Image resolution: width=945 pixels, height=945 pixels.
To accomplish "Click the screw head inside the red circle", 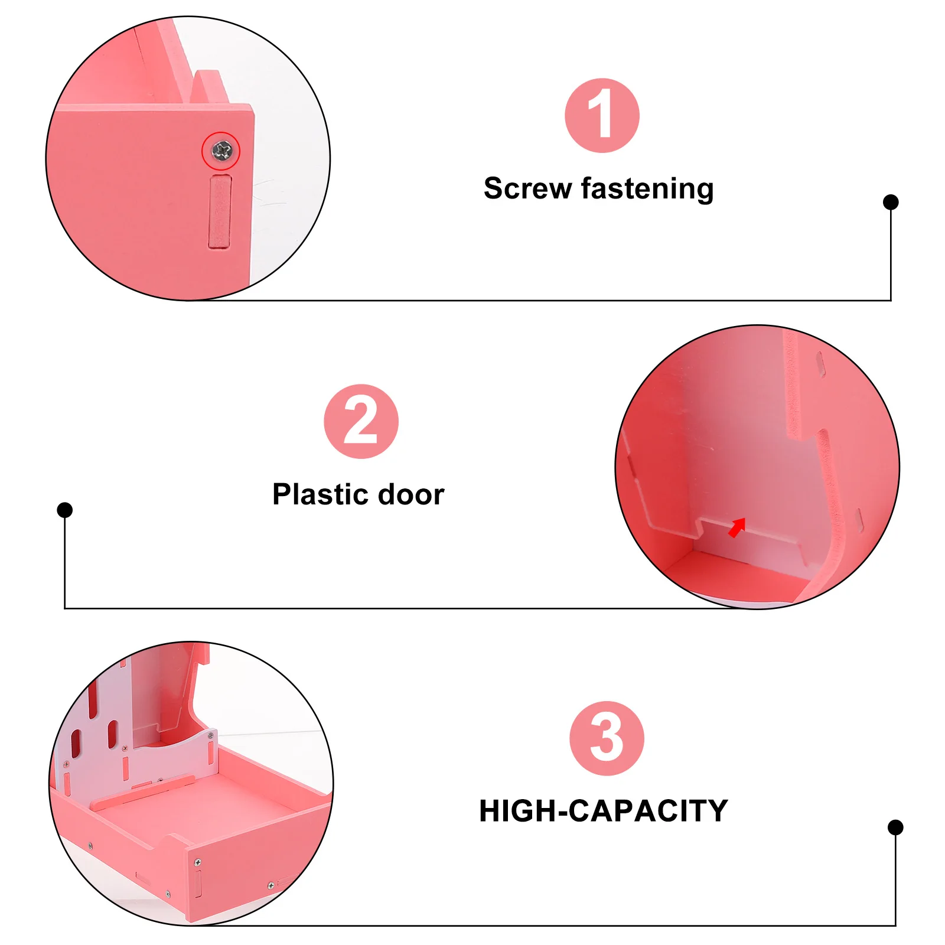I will (221, 151).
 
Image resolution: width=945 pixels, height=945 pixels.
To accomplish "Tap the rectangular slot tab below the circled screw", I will (220, 211).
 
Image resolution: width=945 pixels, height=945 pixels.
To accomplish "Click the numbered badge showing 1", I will (601, 116).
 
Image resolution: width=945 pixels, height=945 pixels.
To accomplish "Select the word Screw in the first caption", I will (527, 189).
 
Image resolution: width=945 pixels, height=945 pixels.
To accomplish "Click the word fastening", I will (647, 189).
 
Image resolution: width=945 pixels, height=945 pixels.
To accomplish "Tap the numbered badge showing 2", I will (361, 421).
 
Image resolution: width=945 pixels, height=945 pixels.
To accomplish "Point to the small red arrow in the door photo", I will (737, 527).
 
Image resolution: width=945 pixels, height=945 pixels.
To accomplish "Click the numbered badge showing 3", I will (607, 738).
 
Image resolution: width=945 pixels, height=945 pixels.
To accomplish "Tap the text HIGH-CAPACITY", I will (603, 811).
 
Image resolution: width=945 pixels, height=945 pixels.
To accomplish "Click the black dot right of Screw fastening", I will (890, 202).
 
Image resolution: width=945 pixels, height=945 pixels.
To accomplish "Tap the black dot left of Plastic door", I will (65, 510).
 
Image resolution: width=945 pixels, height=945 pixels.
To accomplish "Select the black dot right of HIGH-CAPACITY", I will (895, 827).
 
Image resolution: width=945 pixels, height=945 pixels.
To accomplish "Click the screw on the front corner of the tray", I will (198, 863).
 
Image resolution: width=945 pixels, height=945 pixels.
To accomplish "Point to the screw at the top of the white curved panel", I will (210, 736).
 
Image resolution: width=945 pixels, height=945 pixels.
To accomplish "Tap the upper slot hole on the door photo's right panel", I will (820, 363).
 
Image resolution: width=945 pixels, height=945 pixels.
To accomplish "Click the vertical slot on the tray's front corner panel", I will (198, 883).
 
